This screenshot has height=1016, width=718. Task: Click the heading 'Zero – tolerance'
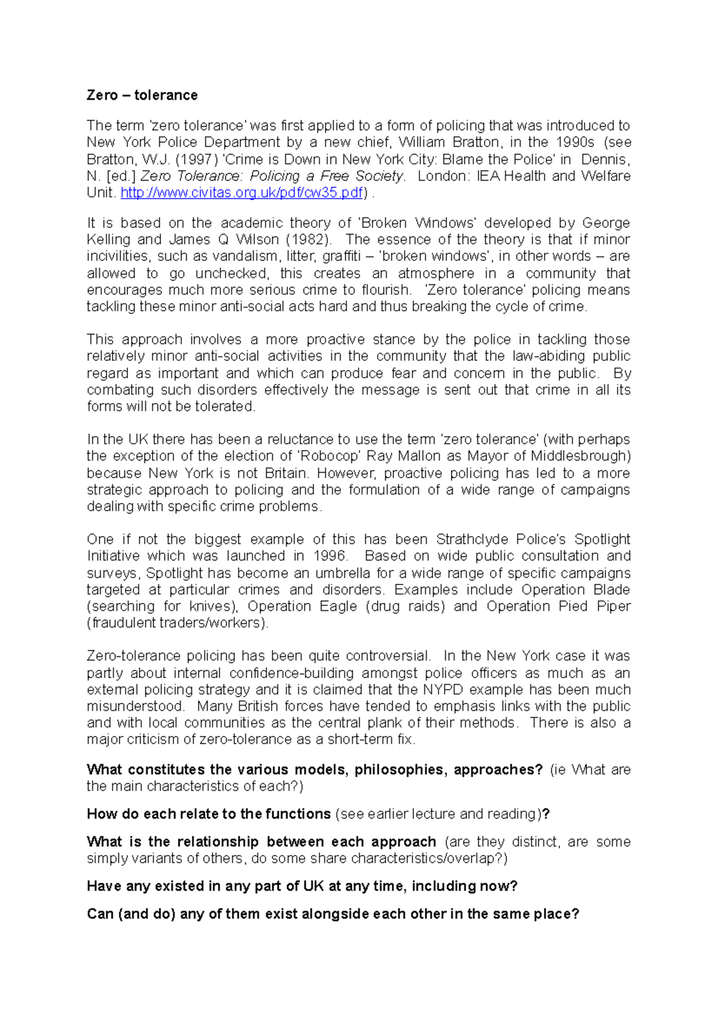click(x=142, y=95)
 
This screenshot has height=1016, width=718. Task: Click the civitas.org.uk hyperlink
click(x=242, y=193)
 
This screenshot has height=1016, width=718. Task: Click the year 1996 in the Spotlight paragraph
click(x=331, y=556)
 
